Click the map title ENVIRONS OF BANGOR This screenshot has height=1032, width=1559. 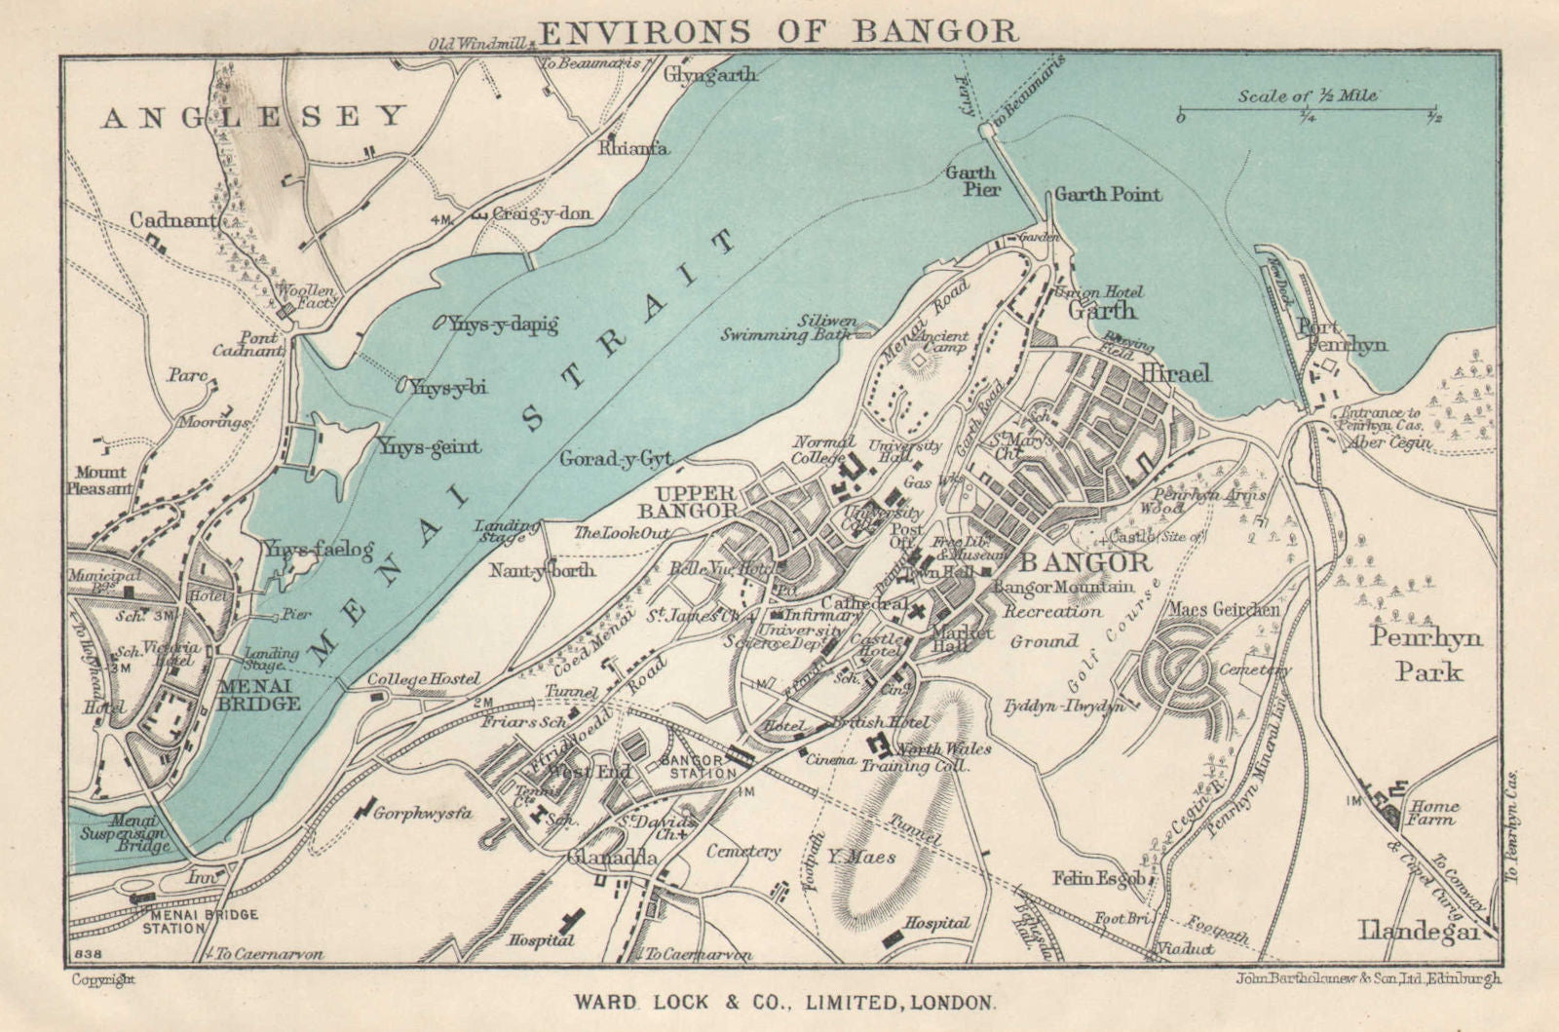[x=778, y=31]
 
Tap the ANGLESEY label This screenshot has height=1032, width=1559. [x=253, y=117]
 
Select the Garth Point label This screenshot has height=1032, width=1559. [x=1108, y=194]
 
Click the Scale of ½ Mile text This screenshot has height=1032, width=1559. [x=1308, y=96]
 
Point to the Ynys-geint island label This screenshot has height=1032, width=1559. [x=429, y=447]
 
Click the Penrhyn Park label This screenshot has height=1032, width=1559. [x=1426, y=654]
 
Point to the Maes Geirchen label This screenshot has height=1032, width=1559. [x=1224, y=610]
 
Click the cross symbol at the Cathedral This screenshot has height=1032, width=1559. [x=917, y=612]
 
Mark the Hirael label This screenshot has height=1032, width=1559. [x=1175, y=373]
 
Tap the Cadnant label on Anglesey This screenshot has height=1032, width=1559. [x=172, y=220]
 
